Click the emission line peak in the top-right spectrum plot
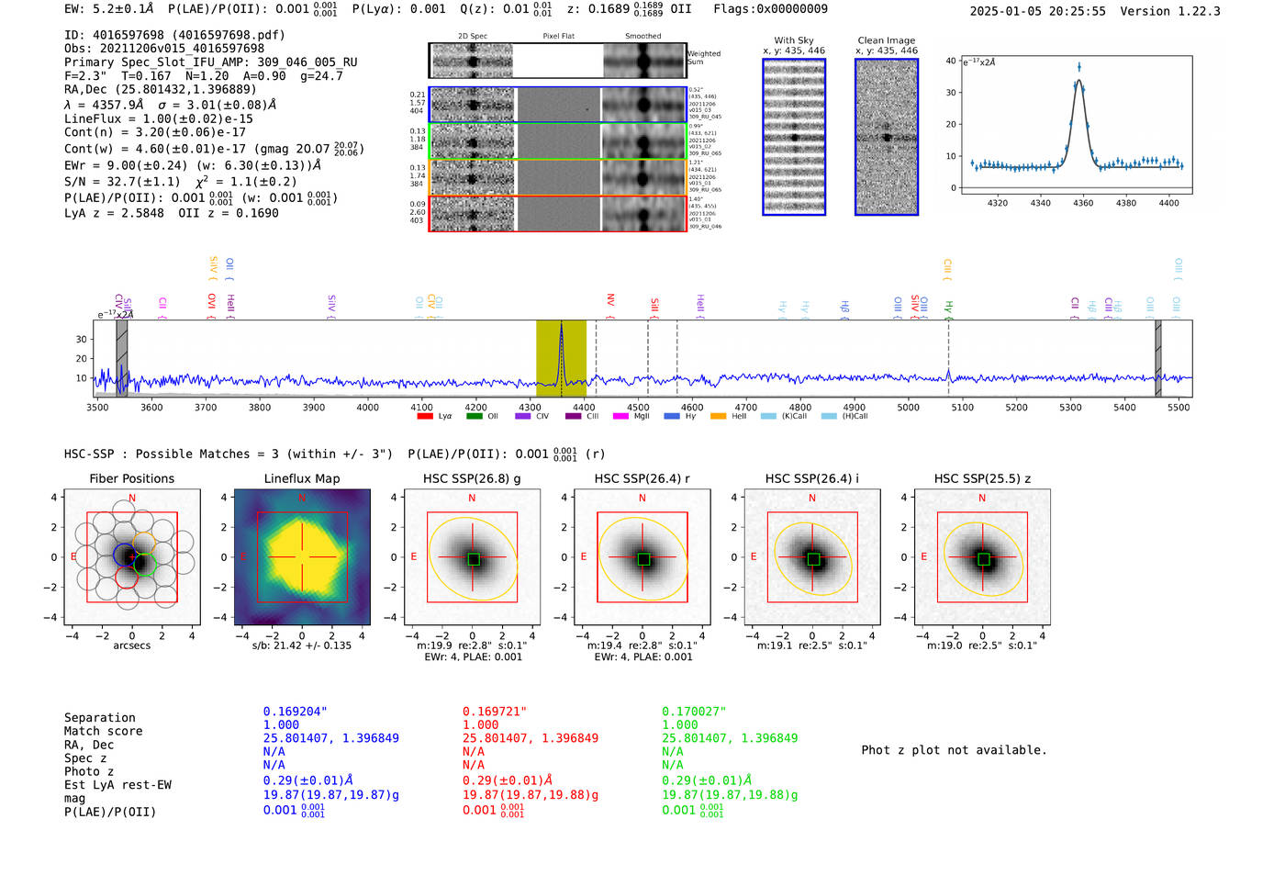(x=1079, y=66)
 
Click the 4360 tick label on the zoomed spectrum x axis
(x=1083, y=203)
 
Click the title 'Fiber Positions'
(x=131, y=478)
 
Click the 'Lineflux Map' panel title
(x=302, y=478)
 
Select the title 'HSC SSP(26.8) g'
(x=472, y=478)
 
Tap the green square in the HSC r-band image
(x=643, y=559)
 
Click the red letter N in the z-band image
(x=982, y=498)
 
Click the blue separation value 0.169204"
(x=295, y=712)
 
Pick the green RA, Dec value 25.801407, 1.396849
(x=730, y=738)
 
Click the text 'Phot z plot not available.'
(x=954, y=750)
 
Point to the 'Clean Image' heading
(x=886, y=40)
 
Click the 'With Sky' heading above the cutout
(x=793, y=40)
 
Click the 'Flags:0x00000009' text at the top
(x=770, y=9)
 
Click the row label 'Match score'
(x=103, y=731)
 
